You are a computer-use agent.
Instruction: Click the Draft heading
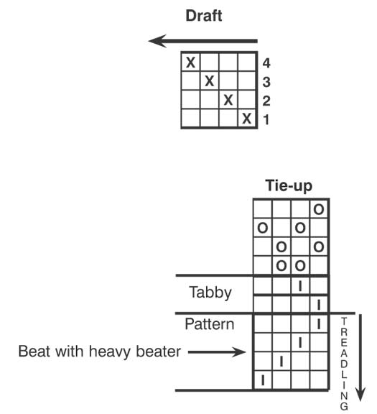coord(204,16)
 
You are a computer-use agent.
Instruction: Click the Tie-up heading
coord(289,185)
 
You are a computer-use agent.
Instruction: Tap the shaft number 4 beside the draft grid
coord(266,63)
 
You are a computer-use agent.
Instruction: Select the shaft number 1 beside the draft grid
coord(266,119)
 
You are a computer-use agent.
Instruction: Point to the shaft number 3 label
coord(266,82)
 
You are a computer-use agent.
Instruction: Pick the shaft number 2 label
coord(266,101)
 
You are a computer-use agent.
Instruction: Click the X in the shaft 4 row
coord(190,63)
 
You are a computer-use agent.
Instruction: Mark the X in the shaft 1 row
coord(247,119)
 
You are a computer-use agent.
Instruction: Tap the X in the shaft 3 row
coord(209,81)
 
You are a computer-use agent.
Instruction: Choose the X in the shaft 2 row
coord(228,100)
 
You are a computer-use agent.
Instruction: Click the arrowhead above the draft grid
coord(157,41)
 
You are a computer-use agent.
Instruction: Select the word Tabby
coord(210,293)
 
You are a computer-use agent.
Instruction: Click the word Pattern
coord(210,324)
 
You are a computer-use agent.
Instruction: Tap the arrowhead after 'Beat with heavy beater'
coord(238,352)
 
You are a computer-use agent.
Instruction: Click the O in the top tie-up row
coord(318,210)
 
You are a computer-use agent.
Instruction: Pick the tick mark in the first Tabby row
coord(299,286)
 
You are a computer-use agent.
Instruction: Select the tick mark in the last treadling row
coord(263,380)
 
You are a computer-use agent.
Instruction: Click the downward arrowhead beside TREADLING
coord(360,394)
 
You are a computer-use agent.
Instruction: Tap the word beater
coord(158,351)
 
